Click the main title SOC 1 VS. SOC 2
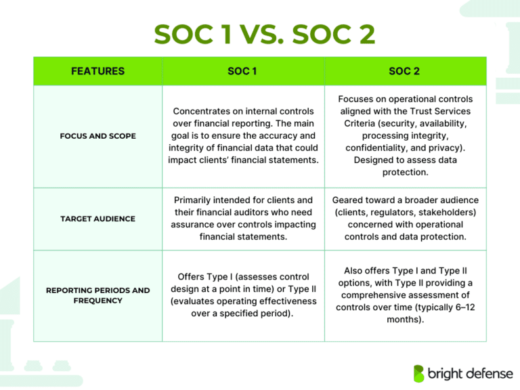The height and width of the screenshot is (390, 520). (265, 35)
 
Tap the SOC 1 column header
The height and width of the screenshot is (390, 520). (242, 71)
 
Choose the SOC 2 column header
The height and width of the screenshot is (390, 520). (405, 71)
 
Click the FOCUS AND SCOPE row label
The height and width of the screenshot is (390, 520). (98, 136)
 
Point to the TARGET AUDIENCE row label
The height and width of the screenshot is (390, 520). (98, 219)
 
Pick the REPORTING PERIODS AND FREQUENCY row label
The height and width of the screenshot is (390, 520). (98, 295)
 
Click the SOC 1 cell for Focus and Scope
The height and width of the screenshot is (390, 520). (243, 135)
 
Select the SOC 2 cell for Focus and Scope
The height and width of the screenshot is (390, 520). (405, 135)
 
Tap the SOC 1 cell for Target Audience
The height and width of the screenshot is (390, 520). (243, 219)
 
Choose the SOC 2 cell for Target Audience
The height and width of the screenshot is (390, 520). (405, 219)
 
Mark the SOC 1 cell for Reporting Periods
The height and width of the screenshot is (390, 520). (243, 295)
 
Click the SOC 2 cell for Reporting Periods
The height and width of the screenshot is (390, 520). (405, 295)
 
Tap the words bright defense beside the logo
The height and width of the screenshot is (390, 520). (467, 374)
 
